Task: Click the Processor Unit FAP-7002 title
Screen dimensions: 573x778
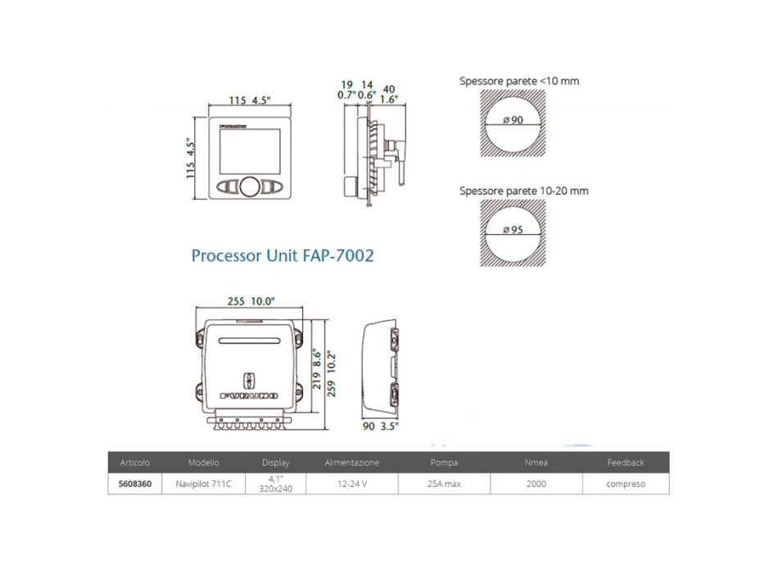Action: (x=283, y=255)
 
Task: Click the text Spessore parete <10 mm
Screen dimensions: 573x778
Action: (x=518, y=81)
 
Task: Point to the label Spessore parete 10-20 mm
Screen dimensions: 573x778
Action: (x=523, y=191)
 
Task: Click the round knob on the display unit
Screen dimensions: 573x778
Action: (x=247, y=187)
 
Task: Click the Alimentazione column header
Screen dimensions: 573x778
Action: (x=351, y=462)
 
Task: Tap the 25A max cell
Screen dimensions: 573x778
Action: (x=446, y=484)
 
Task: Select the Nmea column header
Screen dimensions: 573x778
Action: (x=536, y=462)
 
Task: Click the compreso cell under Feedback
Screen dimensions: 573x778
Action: (x=626, y=484)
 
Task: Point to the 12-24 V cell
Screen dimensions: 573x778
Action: (x=351, y=484)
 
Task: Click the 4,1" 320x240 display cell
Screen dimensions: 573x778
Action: (x=275, y=484)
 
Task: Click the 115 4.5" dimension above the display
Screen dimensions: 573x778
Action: (x=249, y=102)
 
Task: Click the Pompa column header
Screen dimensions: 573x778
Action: (x=446, y=462)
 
